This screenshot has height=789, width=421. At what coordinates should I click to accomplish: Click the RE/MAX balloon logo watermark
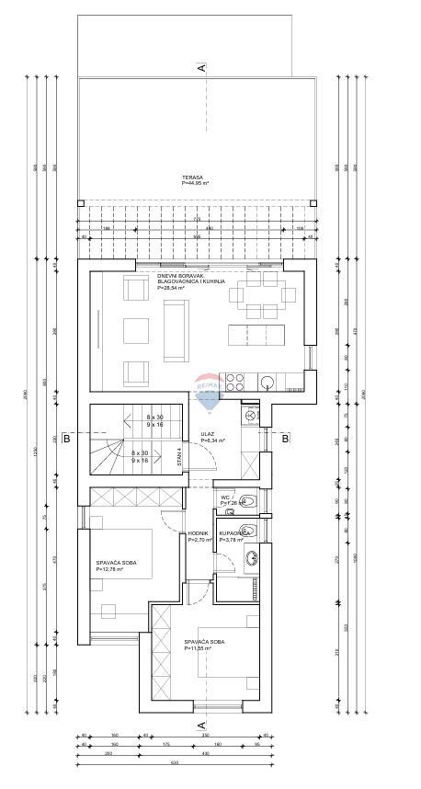(x=209, y=387)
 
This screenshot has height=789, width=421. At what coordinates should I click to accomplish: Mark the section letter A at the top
(x=200, y=67)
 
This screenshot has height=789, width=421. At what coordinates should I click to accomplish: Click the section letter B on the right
(x=285, y=440)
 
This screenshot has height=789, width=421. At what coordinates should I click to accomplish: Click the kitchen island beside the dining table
(x=258, y=331)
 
